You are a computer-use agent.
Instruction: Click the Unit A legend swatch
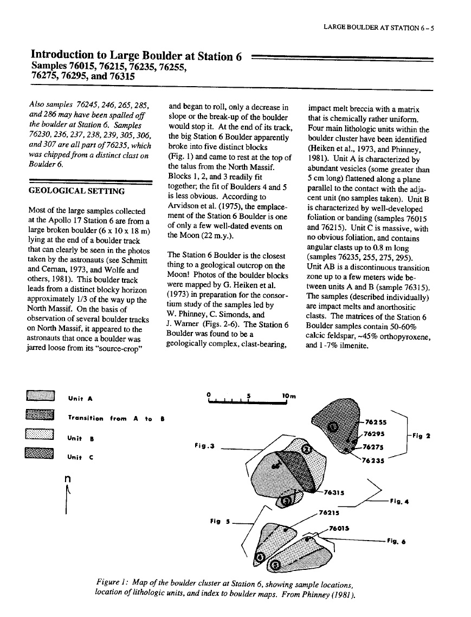[x=41, y=397]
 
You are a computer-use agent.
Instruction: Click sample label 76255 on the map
[x=376, y=421]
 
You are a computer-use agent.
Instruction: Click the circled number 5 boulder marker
[x=275, y=566]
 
